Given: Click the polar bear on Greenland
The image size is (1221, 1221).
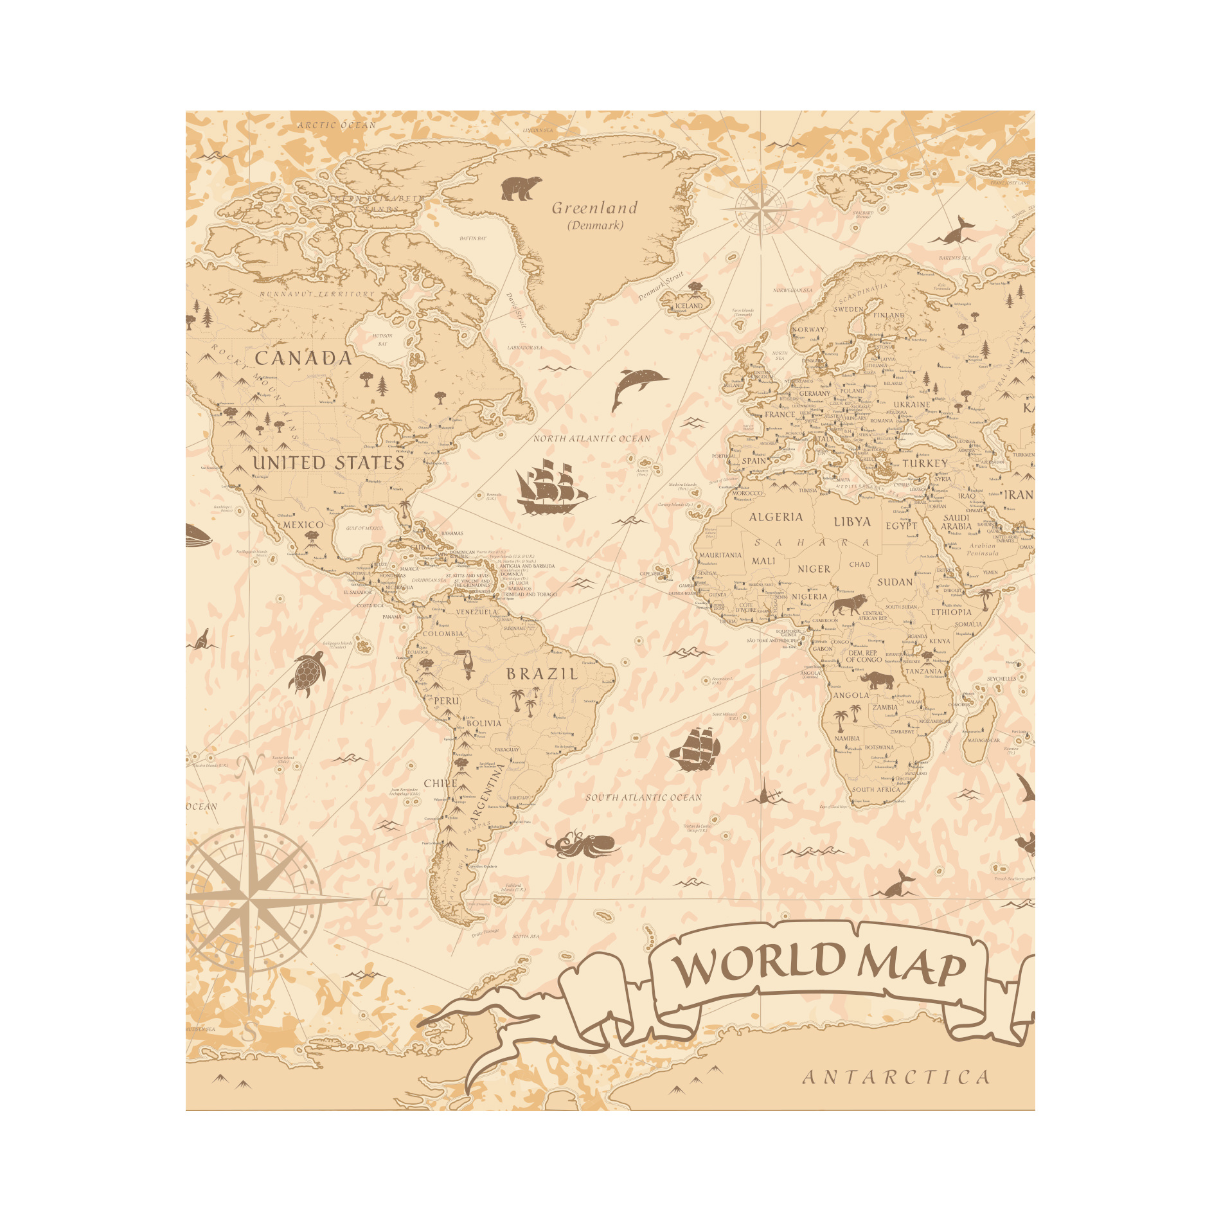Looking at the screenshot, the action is (x=521, y=188).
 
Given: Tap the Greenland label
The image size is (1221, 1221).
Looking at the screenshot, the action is (x=594, y=208).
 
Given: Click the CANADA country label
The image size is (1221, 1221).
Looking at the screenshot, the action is (x=303, y=359).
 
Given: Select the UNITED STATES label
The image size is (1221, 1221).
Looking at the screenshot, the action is (x=328, y=463).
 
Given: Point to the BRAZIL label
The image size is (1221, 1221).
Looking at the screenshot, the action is (x=542, y=674).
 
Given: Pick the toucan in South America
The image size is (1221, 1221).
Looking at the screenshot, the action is (x=465, y=663).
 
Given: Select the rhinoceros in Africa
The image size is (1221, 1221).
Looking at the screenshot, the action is (x=878, y=679).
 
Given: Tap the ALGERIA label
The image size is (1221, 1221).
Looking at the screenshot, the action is (x=776, y=517).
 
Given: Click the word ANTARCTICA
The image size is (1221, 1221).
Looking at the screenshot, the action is (x=896, y=1078).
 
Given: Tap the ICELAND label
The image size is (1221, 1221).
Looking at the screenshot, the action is (x=689, y=306).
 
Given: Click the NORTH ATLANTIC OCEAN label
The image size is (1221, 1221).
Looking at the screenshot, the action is (x=592, y=439).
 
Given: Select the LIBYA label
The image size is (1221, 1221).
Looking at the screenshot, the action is (x=852, y=522).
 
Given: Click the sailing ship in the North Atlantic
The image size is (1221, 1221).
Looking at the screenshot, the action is (x=551, y=487).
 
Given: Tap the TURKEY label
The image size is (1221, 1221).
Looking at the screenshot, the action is (x=925, y=463).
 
